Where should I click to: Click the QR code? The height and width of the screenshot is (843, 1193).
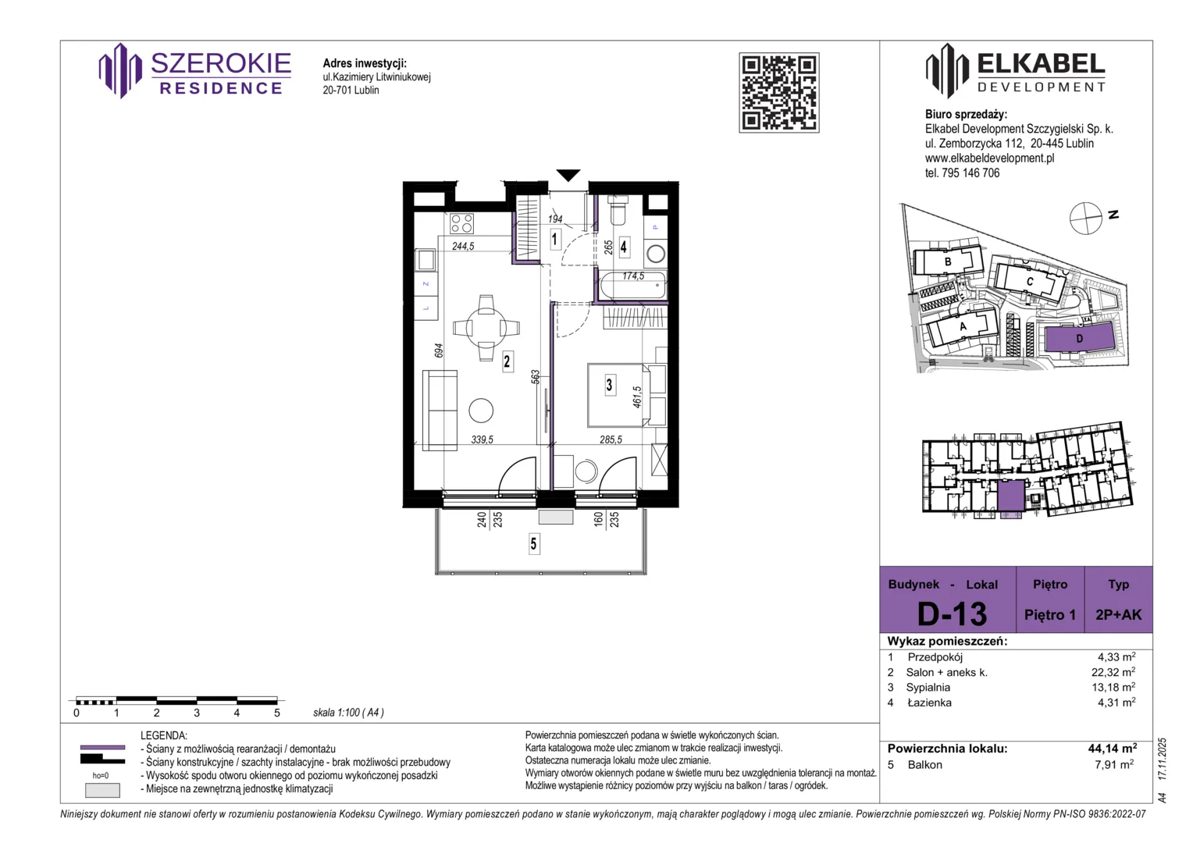pos(778,93)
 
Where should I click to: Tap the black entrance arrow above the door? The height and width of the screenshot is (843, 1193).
pos(568,175)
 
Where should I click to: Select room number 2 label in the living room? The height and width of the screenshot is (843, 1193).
pos(507,362)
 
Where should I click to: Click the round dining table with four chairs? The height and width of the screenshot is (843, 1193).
pos(486,328)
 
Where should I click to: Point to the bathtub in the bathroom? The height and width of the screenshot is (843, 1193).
pos(632,284)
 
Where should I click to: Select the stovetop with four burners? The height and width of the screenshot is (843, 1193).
pos(461,223)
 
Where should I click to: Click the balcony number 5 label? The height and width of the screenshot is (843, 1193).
pos(533,544)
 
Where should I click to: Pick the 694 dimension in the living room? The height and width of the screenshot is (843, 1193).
pos(438,350)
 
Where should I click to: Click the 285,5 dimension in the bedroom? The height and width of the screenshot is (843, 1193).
pos(611,439)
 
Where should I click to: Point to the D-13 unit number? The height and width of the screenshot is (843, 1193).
pos(952,614)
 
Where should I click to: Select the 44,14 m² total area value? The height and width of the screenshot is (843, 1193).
pos(1112,749)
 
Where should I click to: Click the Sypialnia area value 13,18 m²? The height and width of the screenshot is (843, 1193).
pos(1113,687)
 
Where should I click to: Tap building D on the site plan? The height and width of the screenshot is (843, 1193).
pos(1080,338)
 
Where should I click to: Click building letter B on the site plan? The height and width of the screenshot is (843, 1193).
pos(948,261)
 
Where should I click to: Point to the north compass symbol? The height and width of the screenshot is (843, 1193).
pos(1085,219)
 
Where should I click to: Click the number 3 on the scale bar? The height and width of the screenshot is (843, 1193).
pos(197,713)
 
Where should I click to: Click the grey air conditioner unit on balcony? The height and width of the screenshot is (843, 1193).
pos(555,517)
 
